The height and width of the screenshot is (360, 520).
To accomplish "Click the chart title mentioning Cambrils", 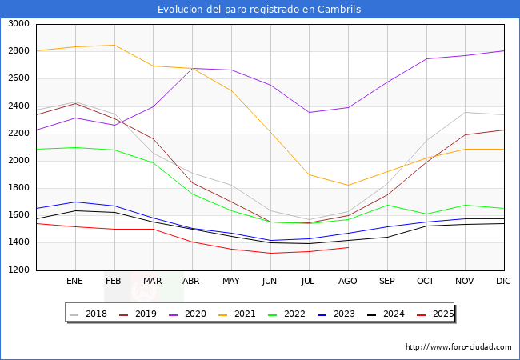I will click(259, 10).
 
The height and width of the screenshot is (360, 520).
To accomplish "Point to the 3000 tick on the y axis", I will click(18, 24).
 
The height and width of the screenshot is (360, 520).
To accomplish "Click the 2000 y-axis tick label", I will click(18, 161).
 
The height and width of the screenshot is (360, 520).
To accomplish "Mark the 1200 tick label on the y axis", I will click(18, 270).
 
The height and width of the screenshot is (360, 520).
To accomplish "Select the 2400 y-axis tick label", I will click(18, 106).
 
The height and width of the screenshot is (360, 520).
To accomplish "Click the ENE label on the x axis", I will click(74, 281).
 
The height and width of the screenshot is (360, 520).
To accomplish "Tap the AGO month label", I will click(347, 281).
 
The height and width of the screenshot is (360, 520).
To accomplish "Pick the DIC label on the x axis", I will click(503, 281).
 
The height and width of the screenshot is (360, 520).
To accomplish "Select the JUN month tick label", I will click(270, 281).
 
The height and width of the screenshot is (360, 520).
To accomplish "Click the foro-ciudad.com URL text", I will click(458, 347).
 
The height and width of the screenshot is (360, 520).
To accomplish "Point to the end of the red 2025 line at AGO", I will click(348, 247).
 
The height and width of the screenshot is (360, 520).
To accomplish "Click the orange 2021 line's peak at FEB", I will click(114, 45).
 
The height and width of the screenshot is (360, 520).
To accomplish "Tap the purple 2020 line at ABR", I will click(192, 68).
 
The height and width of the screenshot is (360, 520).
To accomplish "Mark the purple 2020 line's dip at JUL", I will click(309, 112).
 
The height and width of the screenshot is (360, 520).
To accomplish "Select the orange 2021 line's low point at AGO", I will click(348, 185).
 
